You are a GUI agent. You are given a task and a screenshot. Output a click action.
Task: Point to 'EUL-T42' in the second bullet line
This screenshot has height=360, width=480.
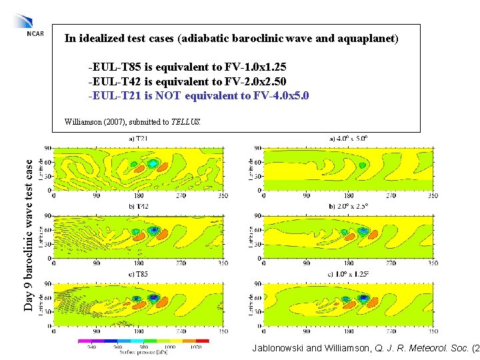[113, 82]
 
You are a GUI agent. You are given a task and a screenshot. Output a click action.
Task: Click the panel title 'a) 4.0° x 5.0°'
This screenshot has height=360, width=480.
[348, 139]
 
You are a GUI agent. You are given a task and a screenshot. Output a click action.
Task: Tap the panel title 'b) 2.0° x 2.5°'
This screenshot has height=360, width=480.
[348, 207]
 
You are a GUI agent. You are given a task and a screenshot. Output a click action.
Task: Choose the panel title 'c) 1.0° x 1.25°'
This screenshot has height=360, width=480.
[348, 274]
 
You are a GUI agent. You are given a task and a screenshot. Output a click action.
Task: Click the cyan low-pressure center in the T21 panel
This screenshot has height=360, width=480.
[153, 163]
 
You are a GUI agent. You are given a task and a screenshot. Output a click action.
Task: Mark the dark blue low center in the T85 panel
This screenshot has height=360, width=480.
[153, 298]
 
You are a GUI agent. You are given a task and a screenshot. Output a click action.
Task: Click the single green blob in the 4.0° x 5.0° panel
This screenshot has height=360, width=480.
[362, 165]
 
